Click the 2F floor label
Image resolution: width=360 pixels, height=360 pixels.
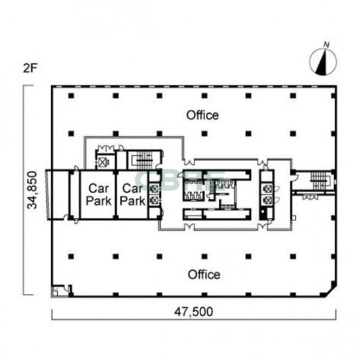click(x=30, y=68)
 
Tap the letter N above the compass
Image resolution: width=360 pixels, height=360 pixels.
click(x=326, y=45)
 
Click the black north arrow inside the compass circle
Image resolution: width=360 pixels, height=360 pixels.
click(x=322, y=62)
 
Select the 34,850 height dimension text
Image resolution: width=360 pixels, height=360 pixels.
click(x=32, y=190)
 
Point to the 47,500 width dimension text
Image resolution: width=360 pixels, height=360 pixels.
click(x=193, y=312)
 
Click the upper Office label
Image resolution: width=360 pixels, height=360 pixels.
click(x=202, y=115)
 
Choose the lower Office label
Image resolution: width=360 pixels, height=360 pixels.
click(x=204, y=275)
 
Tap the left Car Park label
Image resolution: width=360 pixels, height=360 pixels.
click(x=99, y=195)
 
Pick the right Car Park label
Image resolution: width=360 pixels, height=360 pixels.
click(x=133, y=195)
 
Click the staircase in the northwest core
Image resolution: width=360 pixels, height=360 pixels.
click(x=143, y=159)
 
